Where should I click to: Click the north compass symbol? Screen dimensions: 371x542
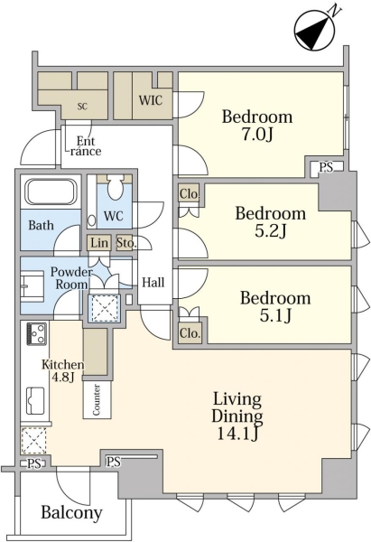coord(315,30)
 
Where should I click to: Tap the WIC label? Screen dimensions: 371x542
coord(151,100)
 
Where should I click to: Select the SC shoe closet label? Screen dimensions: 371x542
coord(82,107)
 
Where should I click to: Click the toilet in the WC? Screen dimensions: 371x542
coord(116,187)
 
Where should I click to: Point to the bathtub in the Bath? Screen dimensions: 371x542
coord(51,192)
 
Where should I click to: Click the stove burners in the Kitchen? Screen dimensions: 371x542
coord(36,333)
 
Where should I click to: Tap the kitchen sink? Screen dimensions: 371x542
coord(36,400)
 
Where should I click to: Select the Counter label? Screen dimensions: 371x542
coord(97,399)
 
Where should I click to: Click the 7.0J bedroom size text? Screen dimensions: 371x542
coord(257,135)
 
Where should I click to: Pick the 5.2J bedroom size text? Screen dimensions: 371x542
coord(271,231)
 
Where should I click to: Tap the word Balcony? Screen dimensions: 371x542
coord(71,512)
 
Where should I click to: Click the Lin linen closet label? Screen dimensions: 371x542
coord(99,243)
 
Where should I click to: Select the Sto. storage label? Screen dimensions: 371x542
coord(126,243)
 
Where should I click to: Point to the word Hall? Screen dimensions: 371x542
coord(153,283)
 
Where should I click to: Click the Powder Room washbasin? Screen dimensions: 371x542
coord(32,286)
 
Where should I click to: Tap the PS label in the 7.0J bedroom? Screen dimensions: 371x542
coord(326,168)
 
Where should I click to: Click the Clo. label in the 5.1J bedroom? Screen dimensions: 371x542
coord(190,332)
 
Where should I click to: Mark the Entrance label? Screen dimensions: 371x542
coord(85,146)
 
